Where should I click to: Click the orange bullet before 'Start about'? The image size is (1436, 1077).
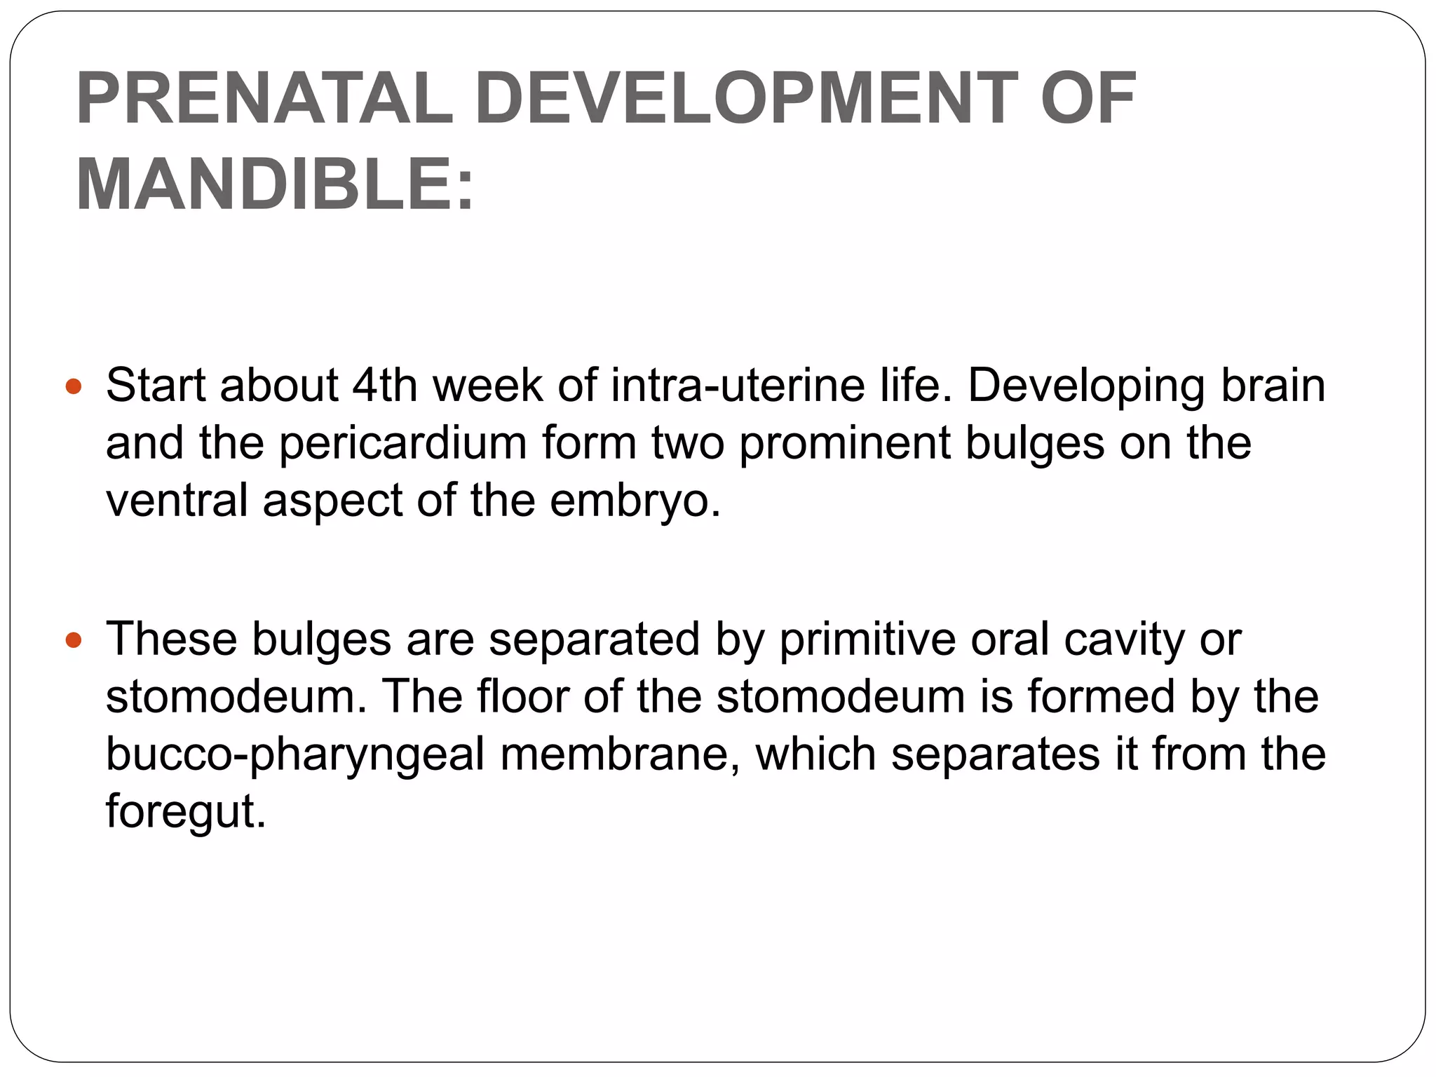(x=74, y=386)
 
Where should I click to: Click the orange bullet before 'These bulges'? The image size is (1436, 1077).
(x=74, y=640)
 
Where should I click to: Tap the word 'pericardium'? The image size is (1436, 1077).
(x=403, y=445)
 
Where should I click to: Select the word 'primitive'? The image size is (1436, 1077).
(x=867, y=639)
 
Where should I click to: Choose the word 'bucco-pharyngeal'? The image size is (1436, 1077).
(x=295, y=755)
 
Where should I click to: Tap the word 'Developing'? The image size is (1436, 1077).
(x=1086, y=387)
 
